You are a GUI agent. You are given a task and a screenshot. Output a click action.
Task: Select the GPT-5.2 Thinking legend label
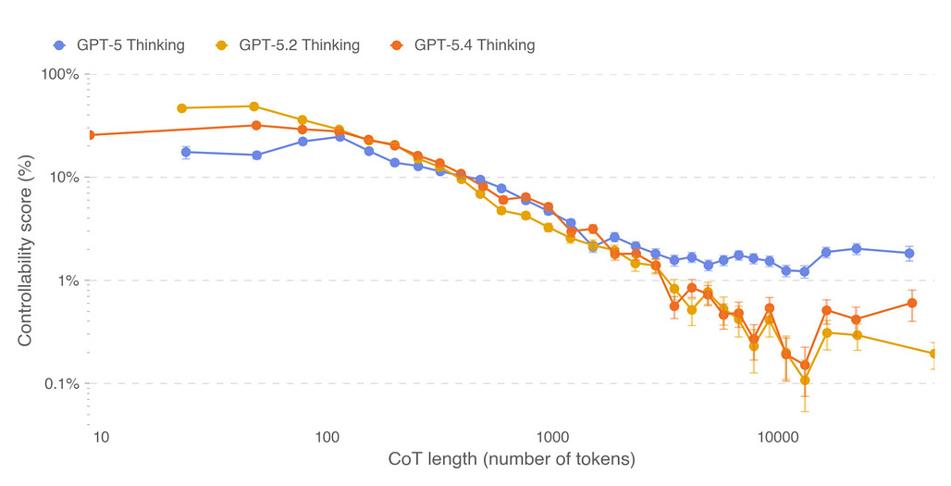coord(299,44)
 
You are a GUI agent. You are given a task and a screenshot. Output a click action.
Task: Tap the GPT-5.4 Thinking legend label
coord(474,44)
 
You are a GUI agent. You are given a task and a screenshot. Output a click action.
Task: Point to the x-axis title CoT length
coord(512,459)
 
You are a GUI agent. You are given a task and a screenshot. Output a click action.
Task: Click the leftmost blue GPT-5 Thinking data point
coord(186,152)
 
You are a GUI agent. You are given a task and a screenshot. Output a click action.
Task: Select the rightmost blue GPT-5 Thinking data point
coord(909,253)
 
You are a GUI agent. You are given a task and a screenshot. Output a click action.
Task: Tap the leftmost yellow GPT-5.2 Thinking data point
coord(181,108)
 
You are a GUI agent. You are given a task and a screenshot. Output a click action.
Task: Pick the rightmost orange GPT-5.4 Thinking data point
coord(912,303)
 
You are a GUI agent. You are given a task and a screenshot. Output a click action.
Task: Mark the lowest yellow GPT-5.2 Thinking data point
coord(805,380)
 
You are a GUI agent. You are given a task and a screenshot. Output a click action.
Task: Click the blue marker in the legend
coord(60,44)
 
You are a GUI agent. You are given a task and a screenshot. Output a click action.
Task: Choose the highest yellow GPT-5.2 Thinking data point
coord(254,106)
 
